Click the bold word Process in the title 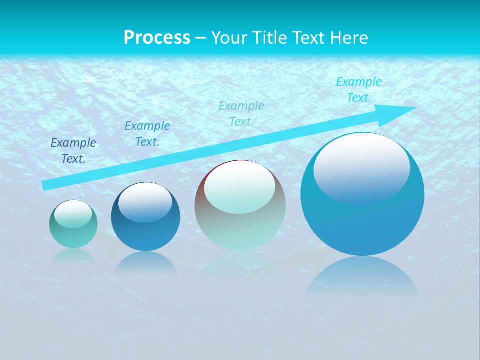(157, 37)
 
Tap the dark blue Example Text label (73, 151)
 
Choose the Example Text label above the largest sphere (358, 90)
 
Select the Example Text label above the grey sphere (241, 113)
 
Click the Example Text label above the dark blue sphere (147, 134)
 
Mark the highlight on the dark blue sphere (145, 202)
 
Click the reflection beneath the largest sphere (362, 277)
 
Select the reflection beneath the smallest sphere (73, 256)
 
